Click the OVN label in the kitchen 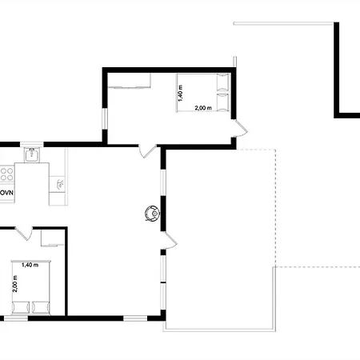pos(6,193)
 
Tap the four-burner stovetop pos(6,174)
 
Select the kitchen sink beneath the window pos(32,154)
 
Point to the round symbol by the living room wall pos(152,214)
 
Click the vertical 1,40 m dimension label pos(181,93)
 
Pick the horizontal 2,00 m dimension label pos(203,108)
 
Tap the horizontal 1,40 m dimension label pos(30,265)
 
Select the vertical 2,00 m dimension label pos(15,284)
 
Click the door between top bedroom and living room pos(147,150)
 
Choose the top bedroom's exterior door pos(240,129)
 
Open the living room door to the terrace pos(169,240)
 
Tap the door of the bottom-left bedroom pos(24,233)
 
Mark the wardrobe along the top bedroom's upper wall pos(129,81)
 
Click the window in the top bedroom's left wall pos(105,119)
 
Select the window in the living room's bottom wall pos(135,318)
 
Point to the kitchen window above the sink pos(32,145)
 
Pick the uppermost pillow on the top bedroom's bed pos(223,83)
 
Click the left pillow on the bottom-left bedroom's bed pos(21,307)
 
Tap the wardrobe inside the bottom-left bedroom pos(53,238)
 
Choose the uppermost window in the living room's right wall pos(163,183)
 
